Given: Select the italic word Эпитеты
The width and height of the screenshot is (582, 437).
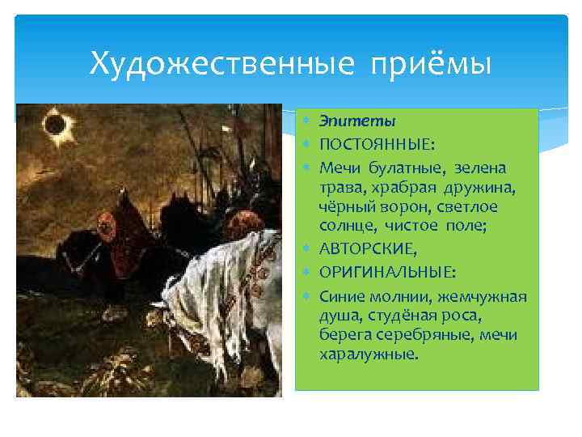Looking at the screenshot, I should pos(357,121).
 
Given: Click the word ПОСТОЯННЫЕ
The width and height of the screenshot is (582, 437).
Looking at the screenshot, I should pos(376,144).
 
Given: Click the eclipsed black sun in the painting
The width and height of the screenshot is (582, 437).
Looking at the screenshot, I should pos(56,125).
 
